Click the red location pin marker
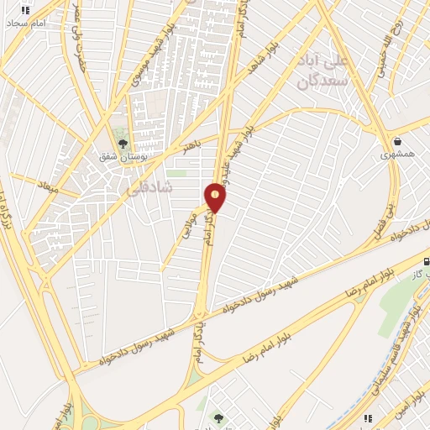click(216, 197)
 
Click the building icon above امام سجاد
click(25, 11)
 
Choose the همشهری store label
click(397, 155)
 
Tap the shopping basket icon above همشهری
click(396, 141)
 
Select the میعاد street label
click(46, 182)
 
